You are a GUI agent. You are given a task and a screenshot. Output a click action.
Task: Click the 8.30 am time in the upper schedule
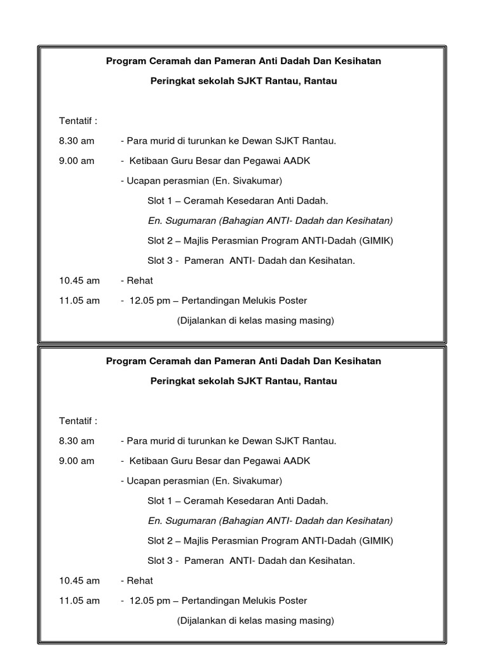(76, 140)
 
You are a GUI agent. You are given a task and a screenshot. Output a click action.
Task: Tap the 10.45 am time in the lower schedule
(79, 580)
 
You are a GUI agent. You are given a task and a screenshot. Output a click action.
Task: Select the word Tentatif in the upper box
(76, 120)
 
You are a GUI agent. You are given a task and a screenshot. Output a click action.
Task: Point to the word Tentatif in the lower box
(76, 420)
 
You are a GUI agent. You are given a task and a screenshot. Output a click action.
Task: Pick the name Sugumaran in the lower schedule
(189, 521)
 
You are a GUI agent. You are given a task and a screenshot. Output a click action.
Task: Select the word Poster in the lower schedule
(292, 600)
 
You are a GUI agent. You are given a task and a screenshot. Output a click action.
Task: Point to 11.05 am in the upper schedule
(79, 300)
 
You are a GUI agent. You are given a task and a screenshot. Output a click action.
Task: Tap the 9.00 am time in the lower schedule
(76, 460)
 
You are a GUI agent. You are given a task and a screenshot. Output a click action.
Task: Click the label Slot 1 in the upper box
(159, 200)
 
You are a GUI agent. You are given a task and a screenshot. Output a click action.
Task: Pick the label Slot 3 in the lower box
(159, 560)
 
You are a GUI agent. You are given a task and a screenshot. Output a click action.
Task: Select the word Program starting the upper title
(125, 61)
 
